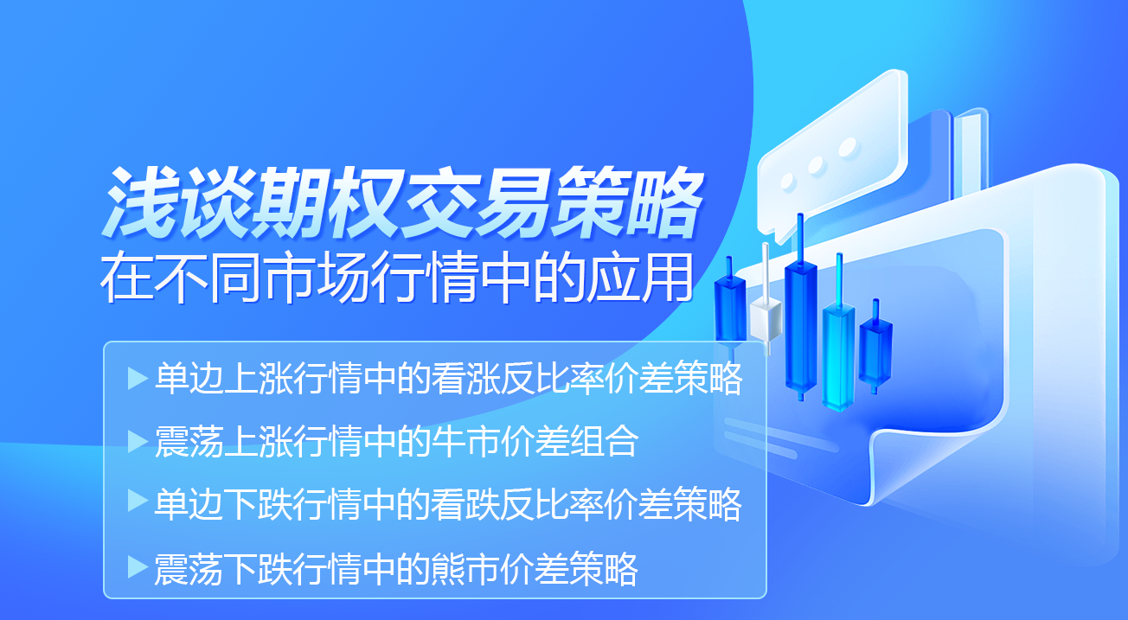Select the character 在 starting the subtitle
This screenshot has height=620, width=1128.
[127, 278]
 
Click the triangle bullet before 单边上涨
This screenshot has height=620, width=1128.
[137, 379]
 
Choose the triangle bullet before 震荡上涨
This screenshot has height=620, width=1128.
[137, 442]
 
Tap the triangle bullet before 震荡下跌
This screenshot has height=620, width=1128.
[137, 567]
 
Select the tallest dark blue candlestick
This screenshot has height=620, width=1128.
[801, 322]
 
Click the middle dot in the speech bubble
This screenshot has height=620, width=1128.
[816, 164]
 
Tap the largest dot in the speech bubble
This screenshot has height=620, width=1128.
[848, 147]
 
